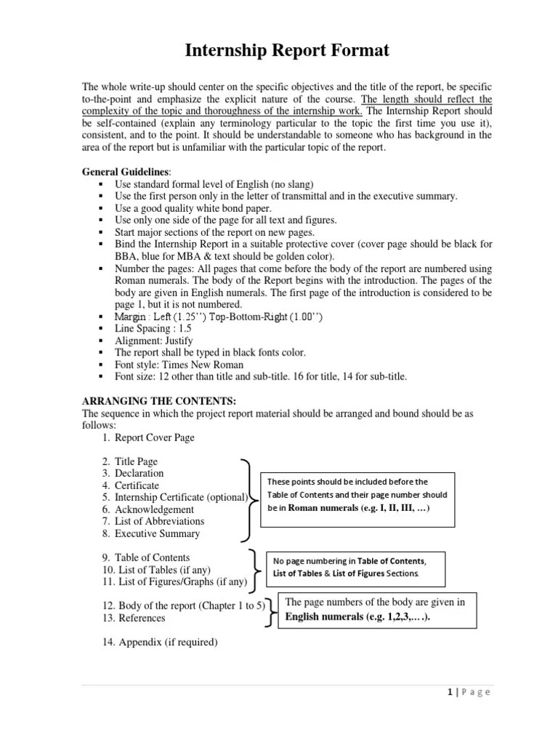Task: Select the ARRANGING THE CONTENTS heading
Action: click(159, 401)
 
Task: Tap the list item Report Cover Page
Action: click(155, 438)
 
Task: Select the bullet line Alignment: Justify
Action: click(154, 340)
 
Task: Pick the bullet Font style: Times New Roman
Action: click(179, 364)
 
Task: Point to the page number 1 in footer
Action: click(450, 691)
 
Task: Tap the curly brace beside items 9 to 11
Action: click(256, 568)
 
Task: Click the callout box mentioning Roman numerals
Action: click(359, 496)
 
